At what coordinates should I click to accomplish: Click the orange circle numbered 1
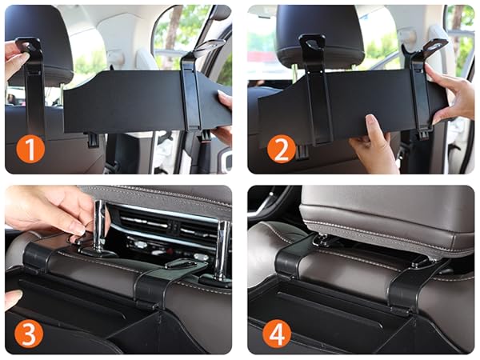[30, 148]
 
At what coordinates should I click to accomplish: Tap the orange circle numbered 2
[282, 149]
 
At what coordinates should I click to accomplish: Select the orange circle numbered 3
[29, 333]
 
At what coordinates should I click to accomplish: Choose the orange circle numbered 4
[277, 333]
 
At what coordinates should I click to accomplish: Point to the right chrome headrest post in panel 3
[222, 248]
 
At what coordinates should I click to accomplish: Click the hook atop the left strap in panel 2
[312, 43]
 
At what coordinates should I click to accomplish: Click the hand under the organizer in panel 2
[371, 143]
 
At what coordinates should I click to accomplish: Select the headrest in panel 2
[320, 34]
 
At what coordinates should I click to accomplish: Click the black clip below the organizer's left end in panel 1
[93, 138]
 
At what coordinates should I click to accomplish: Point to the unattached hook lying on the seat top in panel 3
[181, 264]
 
